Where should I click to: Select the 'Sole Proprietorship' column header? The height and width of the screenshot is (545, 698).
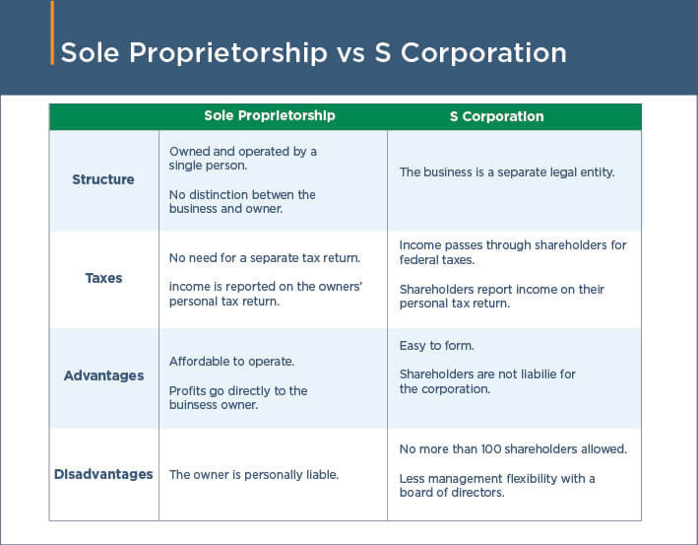(x=269, y=116)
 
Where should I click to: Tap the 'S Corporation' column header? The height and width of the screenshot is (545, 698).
(x=496, y=116)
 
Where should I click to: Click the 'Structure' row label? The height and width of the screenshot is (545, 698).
(x=103, y=180)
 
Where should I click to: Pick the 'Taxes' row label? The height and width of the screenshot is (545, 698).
(x=103, y=278)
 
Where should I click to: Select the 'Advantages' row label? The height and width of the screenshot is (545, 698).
(x=103, y=375)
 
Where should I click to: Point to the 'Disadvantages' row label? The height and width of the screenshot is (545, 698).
(x=103, y=474)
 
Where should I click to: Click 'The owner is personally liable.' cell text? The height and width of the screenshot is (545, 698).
(x=254, y=475)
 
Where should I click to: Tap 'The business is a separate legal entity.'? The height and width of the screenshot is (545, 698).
(x=507, y=172)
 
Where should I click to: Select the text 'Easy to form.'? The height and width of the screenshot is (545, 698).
(x=437, y=345)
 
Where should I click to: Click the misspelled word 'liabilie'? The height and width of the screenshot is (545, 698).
(x=537, y=375)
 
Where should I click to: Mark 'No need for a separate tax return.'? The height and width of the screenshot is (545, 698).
(x=265, y=258)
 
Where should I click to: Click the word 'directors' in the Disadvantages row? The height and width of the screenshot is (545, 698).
(x=476, y=493)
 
